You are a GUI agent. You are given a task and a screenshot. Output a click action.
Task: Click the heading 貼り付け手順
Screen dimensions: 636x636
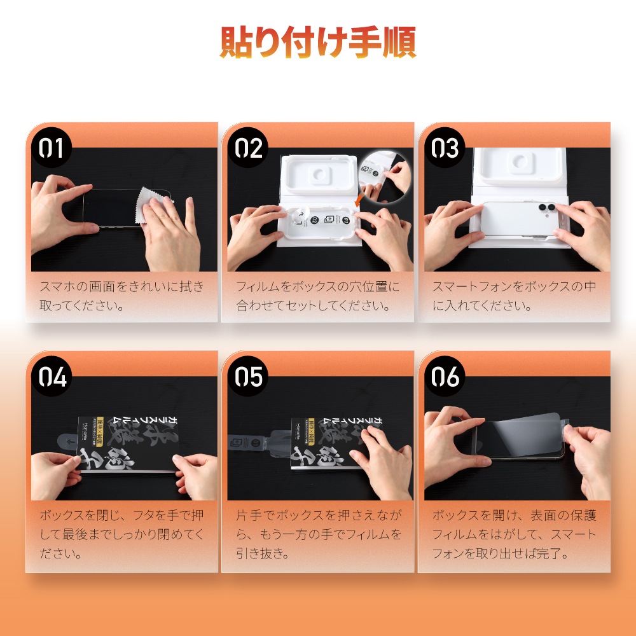(x=318, y=42)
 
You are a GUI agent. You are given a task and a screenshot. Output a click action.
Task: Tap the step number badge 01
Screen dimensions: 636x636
(x=51, y=148)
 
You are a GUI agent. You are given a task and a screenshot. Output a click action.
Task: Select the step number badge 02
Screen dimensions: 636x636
(x=248, y=148)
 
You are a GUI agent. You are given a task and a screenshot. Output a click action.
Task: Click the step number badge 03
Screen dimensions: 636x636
(x=445, y=148)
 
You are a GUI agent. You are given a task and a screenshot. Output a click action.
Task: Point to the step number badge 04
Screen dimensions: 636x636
(x=51, y=377)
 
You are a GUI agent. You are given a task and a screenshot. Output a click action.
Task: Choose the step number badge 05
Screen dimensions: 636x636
(x=248, y=377)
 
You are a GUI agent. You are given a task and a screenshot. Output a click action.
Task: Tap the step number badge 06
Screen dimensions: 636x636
(x=445, y=377)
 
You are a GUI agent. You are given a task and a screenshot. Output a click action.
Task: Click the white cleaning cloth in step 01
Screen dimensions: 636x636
(x=151, y=205)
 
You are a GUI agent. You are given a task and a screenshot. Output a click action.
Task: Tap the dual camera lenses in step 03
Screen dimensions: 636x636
(x=546, y=207)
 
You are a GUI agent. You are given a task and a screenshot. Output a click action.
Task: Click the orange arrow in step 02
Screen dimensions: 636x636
(x=357, y=200)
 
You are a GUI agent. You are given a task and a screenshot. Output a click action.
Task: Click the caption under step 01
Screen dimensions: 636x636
(x=121, y=296)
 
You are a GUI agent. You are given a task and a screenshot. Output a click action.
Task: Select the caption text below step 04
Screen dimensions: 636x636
(x=121, y=534)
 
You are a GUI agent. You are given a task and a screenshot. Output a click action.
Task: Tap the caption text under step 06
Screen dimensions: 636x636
(x=514, y=534)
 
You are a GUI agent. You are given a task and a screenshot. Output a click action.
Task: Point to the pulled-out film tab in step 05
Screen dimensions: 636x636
(x=259, y=441)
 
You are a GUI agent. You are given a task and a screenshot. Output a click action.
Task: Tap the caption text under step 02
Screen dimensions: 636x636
(x=317, y=296)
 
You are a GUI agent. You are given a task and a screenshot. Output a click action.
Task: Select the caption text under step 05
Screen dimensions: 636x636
(x=319, y=534)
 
